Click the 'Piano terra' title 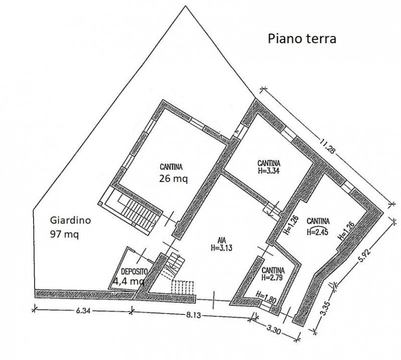[302, 39]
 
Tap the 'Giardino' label [70, 220]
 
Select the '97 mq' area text [65, 234]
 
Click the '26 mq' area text [173, 178]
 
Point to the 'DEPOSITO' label [134, 271]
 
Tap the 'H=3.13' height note [222, 248]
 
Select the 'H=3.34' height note [269, 170]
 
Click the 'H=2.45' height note [318, 232]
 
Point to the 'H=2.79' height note [272, 278]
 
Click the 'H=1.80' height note [266, 297]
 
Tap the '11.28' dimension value [327, 146]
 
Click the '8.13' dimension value [193, 315]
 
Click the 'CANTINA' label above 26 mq [171, 167]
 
